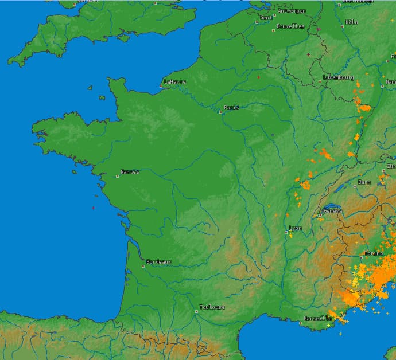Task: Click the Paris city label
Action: pyautogui.click(x=231, y=107)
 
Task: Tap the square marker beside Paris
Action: pyautogui.click(x=220, y=112)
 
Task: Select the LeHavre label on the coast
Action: pyautogui.click(x=175, y=81)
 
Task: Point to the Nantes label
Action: pyautogui.click(x=130, y=172)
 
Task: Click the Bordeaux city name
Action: pyautogui.click(x=158, y=261)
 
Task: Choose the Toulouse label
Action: pyautogui.click(x=212, y=307)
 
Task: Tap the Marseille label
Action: pyautogui.click(x=318, y=318)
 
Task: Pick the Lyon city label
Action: pyautogui.click(x=295, y=228)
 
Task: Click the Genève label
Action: pyautogui.click(x=333, y=210)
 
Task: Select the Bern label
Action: pyautogui.click(x=364, y=182)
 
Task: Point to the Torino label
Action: pyautogui.click(x=374, y=253)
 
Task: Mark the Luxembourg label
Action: pyautogui.click(x=339, y=77)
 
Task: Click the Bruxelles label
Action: pyautogui.click(x=290, y=26)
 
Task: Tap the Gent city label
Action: pyautogui.click(x=266, y=18)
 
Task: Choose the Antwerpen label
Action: pyautogui.click(x=292, y=11)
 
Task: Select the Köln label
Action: pyautogui.click(x=352, y=22)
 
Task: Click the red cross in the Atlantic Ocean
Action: pyautogui.click(x=93, y=208)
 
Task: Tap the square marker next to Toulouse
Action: pyautogui.click(x=196, y=312)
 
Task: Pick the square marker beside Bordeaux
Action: pyautogui.click(x=143, y=266)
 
